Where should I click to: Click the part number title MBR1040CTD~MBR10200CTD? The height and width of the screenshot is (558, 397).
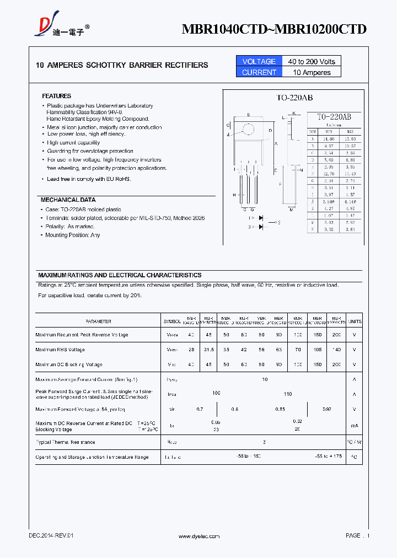pyautogui.click(x=274, y=29)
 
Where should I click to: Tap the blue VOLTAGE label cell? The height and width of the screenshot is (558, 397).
pyautogui.click(x=259, y=61)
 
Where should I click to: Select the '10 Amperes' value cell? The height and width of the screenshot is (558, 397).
pyautogui.click(x=312, y=72)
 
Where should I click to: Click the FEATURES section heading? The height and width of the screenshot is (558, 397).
pyautogui.click(x=56, y=96)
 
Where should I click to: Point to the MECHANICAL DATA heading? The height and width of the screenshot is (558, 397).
pyautogui.click(x=68, y=200)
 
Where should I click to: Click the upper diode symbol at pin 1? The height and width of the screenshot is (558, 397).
pyautogui.click(x=261, y=218)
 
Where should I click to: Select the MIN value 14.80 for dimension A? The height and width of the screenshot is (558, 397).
pyautogui.click(x=329, y=139)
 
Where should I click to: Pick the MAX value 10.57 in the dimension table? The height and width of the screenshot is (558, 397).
pyautogui.click(x=350, y=146)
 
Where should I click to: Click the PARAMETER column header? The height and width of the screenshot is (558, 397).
pyautogui.click(x=98, y=321)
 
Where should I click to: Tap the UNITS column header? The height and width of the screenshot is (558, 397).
pyautogui.click(x=355, y=321)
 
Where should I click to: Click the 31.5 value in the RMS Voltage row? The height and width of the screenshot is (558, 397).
pyautogui.click(x=208, y=350)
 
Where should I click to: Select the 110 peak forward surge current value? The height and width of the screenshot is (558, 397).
pyautogui.click(x=287, y=394)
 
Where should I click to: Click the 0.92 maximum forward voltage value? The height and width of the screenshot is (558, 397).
pyautogui.click(x=326, y=409)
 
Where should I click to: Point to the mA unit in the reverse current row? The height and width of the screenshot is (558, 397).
pyautogui.click(x=355, y=426)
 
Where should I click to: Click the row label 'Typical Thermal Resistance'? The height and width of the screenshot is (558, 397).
pyautogui.click(x=65, y=442)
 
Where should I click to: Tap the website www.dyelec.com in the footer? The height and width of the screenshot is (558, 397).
pyautogui.click(x=199, y=536)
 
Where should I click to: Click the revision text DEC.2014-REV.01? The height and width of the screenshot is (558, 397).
pyautogui.click(x=51, y=536)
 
